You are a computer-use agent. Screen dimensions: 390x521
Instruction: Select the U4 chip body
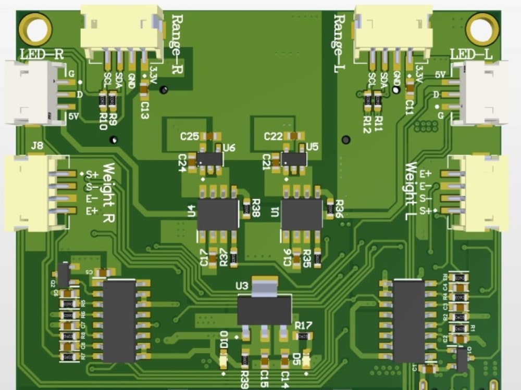(218, 214)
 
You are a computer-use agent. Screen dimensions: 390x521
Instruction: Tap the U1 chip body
(302, 214)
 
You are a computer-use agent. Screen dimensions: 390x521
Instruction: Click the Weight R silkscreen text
(108, 193)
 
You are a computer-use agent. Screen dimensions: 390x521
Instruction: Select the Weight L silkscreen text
(411, 191)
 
